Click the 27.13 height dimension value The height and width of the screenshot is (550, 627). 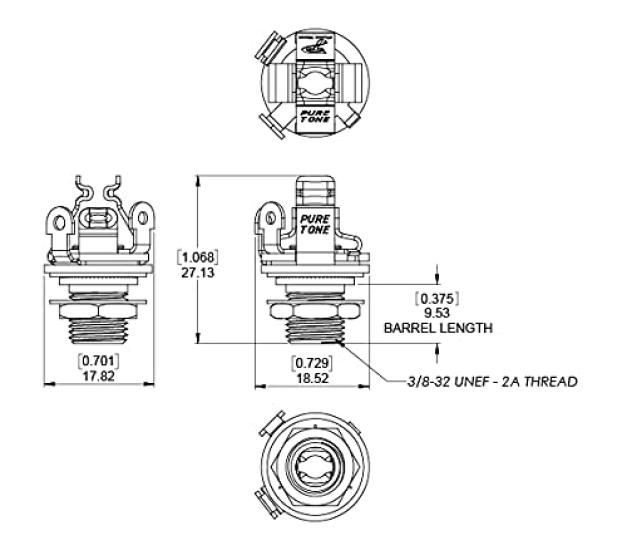tap(197, 272)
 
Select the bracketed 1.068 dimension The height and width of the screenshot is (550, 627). tap(197, 256)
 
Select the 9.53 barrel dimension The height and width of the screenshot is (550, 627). tap(437, 312)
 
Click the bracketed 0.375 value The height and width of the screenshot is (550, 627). tap(437, 297)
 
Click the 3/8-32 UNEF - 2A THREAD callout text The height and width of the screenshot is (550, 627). tap(492, 381)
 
